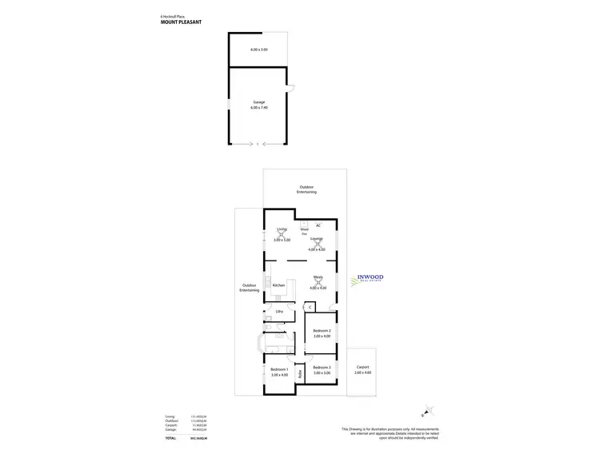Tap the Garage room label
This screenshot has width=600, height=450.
[x=258, y=102]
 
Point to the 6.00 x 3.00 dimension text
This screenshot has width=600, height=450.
[x=258, y=50]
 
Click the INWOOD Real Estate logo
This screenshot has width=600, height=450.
[x=367, y=279]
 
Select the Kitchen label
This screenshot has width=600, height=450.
[x=278, y=285]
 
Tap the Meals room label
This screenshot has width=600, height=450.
[x=318, y=277]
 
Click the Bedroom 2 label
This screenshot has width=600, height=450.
[x=322, y=330]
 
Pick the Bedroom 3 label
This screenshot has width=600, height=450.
[x=322, y=367]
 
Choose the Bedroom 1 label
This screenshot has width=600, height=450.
[x=279, y=368]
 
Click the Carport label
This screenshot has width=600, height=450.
[x=363, y=368]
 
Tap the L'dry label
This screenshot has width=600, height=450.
[x=279, y=311]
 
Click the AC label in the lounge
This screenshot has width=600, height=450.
[x=318, y=225]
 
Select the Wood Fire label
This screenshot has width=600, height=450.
[x=304, y=231]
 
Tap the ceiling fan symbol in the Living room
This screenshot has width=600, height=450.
[x=281, y=234]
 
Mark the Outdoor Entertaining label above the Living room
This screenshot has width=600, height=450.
[x=307, y=190]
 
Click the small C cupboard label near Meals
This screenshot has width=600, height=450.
[x=309, y=307]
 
